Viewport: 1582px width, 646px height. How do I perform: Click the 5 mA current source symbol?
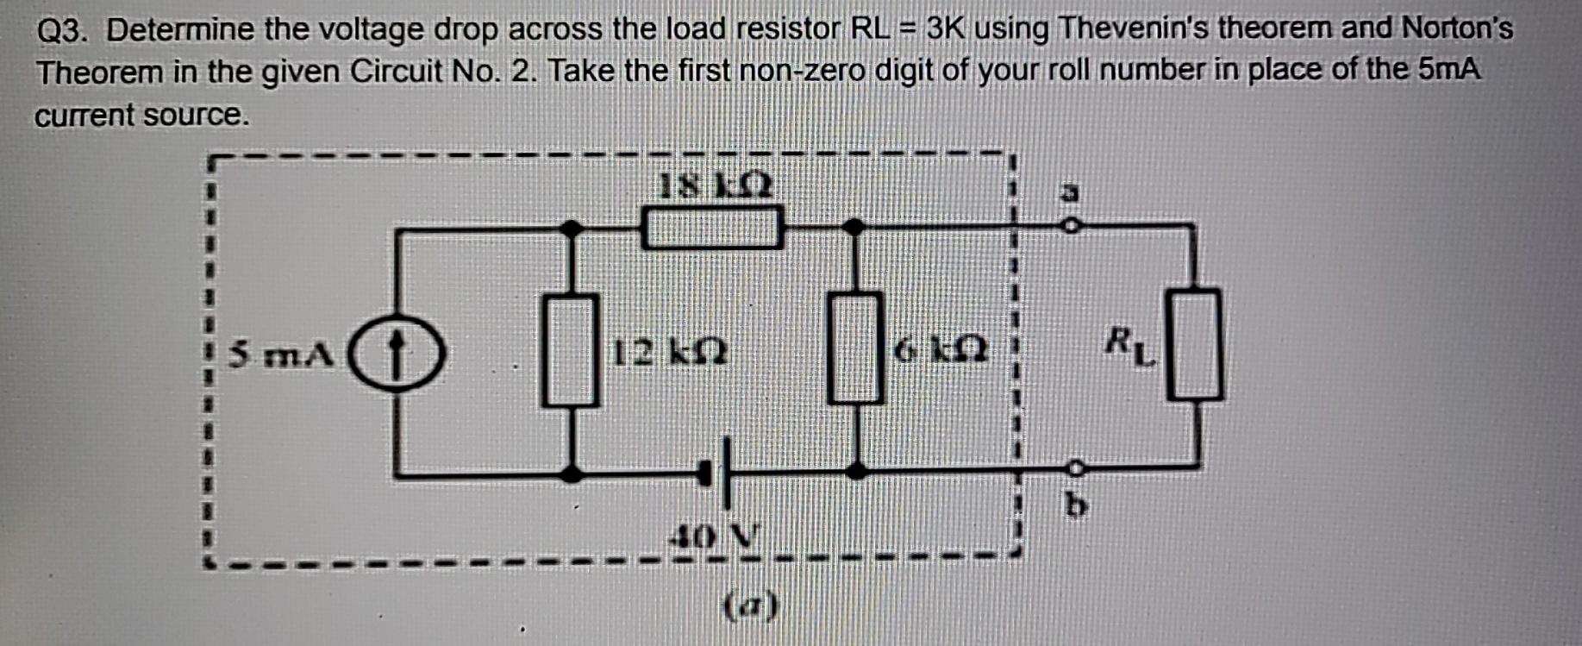pyautogui.click(x=396, y=353)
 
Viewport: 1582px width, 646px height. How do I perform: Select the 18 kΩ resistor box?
pyautogui.click(x=712, y=228)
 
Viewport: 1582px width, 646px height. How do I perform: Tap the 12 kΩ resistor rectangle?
pyautogui.click(x=570, y=350)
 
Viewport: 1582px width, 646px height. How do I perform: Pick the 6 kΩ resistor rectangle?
pyautogui.click(x=855, y=348)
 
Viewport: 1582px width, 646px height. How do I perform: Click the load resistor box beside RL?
pyautogui.click(x=1194, y=345)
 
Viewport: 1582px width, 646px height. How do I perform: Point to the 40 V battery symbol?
pyautogui.click(x=719, y=472)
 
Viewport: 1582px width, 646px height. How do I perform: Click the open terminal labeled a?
pyautogui.click(x=1070, y=226)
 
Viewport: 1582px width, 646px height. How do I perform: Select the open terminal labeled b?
pyautogui.click(x=1074, y=468)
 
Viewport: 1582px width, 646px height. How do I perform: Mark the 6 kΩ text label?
pyautogui.click(x=941, y=350)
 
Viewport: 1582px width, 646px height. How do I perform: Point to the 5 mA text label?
pyautogui.click(x=282, y=354)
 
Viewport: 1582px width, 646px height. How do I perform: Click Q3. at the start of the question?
pyautogui.click(x=62, y=31)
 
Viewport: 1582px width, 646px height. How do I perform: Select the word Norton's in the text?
pyautogui.click(x=1456, y=28)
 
